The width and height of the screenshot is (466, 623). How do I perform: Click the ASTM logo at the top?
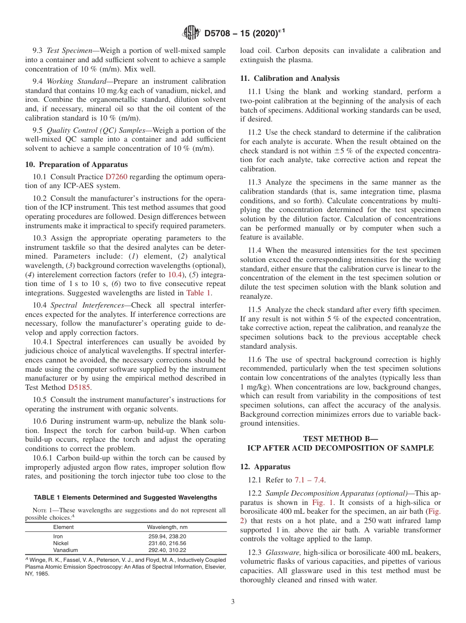point(191,33)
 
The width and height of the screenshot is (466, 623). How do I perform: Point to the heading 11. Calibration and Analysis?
point(289,78)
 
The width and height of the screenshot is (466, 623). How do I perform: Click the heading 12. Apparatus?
point(265,467)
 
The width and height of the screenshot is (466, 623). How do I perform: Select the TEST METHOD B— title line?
point(340,438)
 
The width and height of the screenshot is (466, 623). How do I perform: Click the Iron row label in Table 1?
point(58,536)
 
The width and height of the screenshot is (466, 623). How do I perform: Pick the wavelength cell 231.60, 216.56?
point(167,543)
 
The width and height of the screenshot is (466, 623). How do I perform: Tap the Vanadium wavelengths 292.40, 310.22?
point(167,550)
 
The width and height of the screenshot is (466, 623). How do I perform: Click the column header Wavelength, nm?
point(167,527)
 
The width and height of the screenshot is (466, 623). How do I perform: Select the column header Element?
point(63,527)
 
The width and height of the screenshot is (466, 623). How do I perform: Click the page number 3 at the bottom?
point(233,602)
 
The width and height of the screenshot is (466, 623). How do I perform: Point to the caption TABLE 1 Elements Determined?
point(126,497)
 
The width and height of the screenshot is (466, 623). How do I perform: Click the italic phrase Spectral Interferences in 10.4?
point(85,305)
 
